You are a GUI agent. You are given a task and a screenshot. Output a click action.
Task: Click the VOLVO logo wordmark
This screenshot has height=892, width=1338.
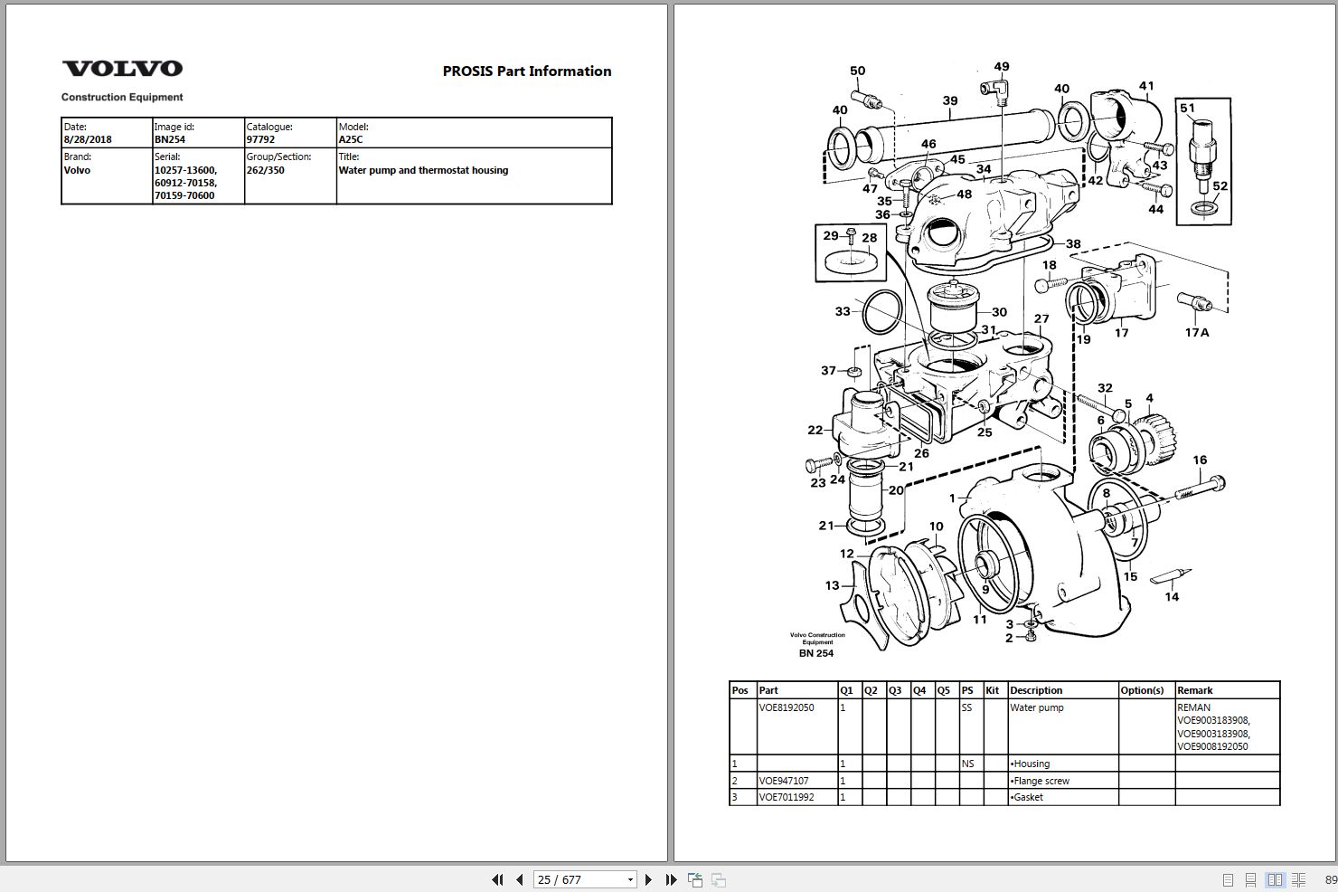[122, 69]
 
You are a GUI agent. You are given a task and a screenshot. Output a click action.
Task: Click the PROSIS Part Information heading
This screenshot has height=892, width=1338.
[526, 71]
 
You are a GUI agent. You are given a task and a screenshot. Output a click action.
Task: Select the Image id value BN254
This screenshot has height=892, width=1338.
[170, 139]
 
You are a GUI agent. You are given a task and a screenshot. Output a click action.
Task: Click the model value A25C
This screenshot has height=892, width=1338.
[351, 139]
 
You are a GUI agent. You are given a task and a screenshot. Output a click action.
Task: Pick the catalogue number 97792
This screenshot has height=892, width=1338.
[260, 139]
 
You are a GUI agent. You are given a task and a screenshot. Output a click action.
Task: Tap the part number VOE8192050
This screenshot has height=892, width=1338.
[786, 707]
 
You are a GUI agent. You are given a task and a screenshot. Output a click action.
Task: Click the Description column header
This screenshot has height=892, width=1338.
[1036, 690]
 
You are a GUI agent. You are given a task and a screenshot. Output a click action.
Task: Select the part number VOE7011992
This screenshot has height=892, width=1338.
[786, 797]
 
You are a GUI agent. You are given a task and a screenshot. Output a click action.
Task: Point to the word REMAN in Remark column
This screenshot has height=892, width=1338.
[1193, 707]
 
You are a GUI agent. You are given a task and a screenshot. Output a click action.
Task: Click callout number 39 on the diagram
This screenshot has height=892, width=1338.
[949, 100]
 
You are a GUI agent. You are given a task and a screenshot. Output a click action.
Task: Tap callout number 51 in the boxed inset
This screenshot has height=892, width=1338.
[1187, 108]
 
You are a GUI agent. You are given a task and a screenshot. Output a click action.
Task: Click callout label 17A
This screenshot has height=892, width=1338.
[1196, 332]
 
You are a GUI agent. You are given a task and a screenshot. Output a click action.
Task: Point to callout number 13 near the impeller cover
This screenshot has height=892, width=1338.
[832, 585]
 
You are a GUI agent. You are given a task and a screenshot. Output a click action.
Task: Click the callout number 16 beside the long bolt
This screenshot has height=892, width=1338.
[1200, 460]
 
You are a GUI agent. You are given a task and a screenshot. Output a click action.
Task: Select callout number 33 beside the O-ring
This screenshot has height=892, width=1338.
[843, 311]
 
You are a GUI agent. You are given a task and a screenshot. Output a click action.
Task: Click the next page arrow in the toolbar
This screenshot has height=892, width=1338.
[648, 879]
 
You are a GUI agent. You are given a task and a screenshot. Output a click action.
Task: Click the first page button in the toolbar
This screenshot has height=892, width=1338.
[496, 879]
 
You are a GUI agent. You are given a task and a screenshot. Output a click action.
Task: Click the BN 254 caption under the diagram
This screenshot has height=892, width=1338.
[815, 653]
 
